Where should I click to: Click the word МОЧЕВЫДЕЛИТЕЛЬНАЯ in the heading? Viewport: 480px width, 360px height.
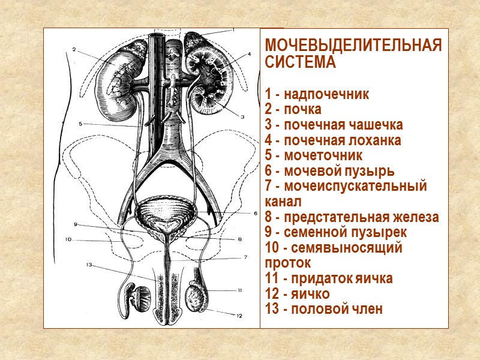[353, 46]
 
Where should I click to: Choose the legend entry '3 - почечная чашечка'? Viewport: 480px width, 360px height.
[334, 125]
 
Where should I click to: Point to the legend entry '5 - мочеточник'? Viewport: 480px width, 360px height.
[313, 156]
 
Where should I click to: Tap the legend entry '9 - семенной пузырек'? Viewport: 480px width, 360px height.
[335, 232]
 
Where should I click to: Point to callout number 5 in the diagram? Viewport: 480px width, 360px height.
[80, 124]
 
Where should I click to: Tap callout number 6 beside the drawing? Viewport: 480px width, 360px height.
[254, 213]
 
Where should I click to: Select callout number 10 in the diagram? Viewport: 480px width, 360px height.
[68, 240]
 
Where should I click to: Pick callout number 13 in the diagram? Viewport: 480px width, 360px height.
[88, 265]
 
